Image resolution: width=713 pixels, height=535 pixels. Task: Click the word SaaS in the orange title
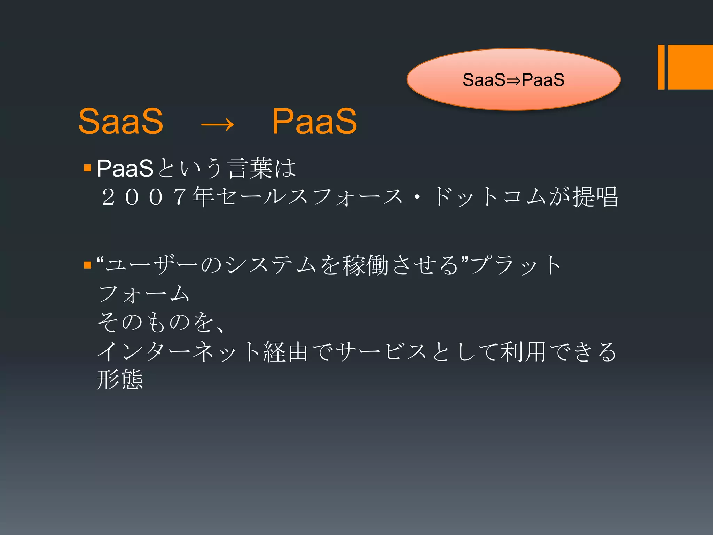[x=121, y=121]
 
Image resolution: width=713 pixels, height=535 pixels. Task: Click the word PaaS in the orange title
[x=314, y=121]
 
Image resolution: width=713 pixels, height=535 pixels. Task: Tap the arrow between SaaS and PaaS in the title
[x=218, y=124]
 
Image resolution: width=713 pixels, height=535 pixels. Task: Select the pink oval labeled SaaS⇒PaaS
[x=514, y=79]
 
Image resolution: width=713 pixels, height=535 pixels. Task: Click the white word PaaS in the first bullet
[x=125, y=169]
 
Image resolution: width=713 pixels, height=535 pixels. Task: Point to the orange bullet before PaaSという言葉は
[x=87, y=169]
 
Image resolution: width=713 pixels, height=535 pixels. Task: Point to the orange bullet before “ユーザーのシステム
[x=87, y=265]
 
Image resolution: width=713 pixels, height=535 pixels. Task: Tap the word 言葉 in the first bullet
[x=250, y=169]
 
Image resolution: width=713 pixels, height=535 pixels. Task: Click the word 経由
[x=286, y=352]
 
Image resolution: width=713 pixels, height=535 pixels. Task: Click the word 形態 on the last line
[x=120, y=380]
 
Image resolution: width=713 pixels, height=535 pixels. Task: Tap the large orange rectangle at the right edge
[x=690, y=67]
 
